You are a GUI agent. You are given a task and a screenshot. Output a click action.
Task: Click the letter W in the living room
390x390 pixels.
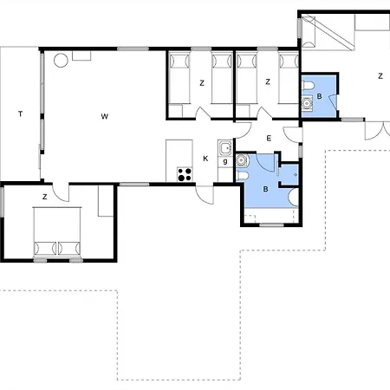pos(105,116)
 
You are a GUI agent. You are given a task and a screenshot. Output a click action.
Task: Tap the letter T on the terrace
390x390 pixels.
pos(20,114)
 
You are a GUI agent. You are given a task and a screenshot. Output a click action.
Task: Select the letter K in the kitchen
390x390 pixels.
pos(205,159)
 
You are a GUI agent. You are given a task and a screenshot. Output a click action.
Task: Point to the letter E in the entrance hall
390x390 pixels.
pos(269,139)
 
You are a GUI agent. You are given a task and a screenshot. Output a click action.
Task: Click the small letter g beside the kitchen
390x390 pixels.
pos(225,161)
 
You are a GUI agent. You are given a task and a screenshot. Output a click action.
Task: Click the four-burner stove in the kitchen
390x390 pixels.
pos(185,174)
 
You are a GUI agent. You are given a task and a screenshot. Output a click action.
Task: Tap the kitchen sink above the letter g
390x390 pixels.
pos(225,148)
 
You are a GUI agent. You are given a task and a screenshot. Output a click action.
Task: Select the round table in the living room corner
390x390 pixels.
pos(61,61)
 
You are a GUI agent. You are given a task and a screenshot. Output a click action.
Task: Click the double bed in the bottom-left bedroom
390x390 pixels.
pos(57,231)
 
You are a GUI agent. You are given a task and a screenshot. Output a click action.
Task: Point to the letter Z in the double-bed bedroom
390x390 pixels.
pos(44,197)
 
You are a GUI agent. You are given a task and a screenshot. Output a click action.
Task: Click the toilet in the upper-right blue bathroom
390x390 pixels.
pos(308,86)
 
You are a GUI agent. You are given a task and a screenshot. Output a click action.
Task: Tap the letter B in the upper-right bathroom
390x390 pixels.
pos(319,96)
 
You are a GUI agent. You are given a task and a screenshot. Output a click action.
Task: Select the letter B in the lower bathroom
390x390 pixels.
pos(265,189)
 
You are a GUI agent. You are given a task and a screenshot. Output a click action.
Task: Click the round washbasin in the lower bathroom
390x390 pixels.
pos(242,159)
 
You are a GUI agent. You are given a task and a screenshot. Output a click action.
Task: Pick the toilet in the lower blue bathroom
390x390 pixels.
pos(242,176)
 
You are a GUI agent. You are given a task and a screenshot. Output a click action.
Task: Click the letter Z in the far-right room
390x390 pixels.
pos(380,76)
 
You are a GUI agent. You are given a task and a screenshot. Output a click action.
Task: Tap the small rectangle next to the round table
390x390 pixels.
pos(81,55)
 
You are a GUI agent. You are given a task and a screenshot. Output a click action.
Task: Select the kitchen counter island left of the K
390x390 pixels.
pos(179,160)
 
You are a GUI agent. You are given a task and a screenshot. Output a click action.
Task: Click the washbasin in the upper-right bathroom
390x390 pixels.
pos(307,102)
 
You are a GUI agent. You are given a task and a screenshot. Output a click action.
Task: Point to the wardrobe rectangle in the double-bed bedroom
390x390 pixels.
pos(106,200)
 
